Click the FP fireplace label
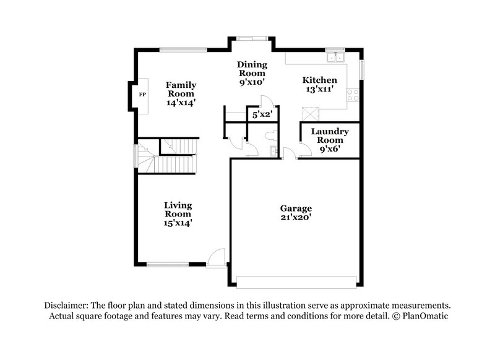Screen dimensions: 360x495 point(142,95)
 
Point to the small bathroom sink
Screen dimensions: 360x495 point(272,151)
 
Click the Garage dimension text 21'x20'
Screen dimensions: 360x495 point(295,218)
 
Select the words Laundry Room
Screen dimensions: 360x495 point(330,135)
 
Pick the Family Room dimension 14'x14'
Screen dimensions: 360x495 point(180,103)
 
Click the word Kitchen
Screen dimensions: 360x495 point(319,80)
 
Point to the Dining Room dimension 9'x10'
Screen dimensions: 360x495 point(252,81)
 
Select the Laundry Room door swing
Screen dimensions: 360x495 point(304,150)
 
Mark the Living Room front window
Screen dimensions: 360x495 point(167,265)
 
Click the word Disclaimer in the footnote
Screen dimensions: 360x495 point(66,306)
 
